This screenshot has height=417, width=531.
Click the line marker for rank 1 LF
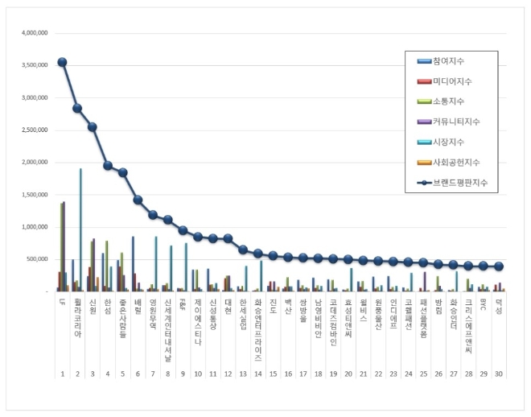point(62,62)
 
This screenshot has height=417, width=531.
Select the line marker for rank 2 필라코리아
point(77,108)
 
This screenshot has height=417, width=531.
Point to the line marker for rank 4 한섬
point(107,165)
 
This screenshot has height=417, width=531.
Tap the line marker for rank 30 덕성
point(499,266)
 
